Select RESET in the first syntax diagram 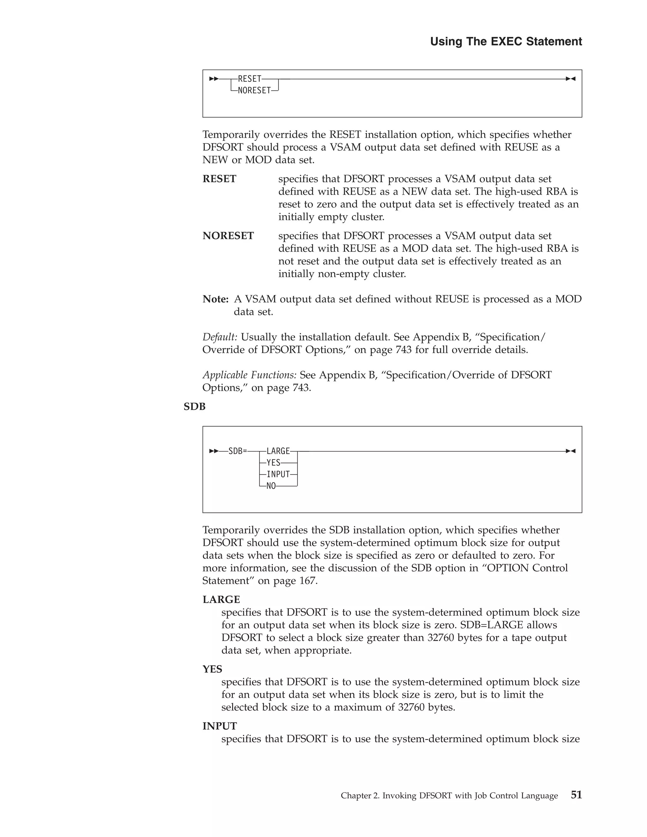[x=250, y=79]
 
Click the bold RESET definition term [x=219, y=179]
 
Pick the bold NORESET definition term [x=228, y=236]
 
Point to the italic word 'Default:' [x=220, y=337]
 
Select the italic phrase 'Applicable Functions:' [x=249, y=375]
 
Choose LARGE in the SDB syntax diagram [x=278, y=451]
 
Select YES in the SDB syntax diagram [x=273, y=463]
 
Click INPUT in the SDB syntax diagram [x=278, y=474]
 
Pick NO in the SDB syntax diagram [x=271, y=486]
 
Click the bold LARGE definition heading [x=221, y=599]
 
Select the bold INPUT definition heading [x=220, y=726]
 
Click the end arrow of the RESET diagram [x=571, y=79]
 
